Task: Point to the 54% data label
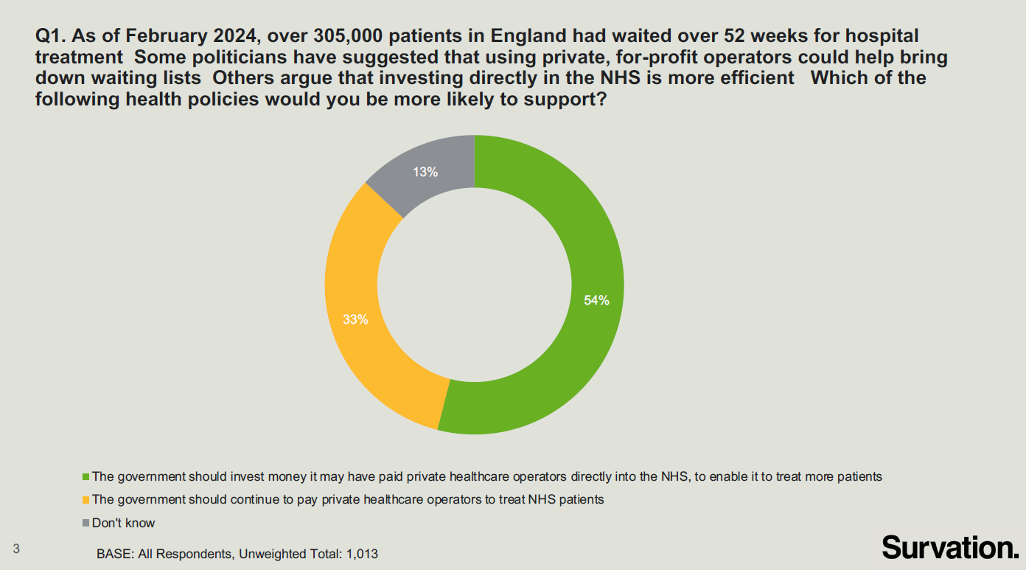(596, 300)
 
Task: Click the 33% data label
(355, 320)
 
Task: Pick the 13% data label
(425, 173)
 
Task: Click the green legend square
(85, 477)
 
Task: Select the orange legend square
(85, 500)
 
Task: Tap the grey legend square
(85, 524)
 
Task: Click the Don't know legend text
(124, 523)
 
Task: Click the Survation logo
(949, 547)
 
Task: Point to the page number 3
(16, 548)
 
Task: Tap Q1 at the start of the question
(49, 35)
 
